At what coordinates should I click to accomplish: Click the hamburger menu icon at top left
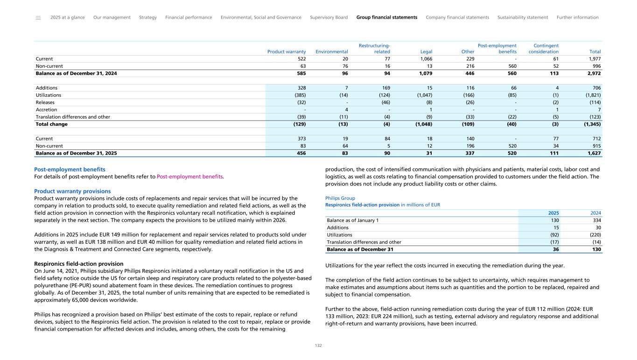click(38, 18)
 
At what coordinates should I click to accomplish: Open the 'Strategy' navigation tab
click(148, 18)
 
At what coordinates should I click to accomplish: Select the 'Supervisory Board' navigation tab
click(329, 18)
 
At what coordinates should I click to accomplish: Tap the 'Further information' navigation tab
click(577, 18)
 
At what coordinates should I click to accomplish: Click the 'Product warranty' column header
click(286, 52)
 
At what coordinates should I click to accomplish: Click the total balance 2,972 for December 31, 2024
click(594, 73)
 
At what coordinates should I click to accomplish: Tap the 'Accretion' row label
click(46, 110)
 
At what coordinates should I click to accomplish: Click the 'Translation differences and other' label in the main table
click(73, 117)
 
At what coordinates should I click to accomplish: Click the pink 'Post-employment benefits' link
click(190, 176)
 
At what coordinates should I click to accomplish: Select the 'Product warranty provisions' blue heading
click(72, 191)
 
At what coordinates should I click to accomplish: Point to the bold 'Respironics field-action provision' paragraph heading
click(78, 264)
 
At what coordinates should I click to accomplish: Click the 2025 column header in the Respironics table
click(553, 213)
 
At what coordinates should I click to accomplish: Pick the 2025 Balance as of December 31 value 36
click(555, 249)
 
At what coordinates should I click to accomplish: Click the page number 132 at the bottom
click(318, 346)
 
